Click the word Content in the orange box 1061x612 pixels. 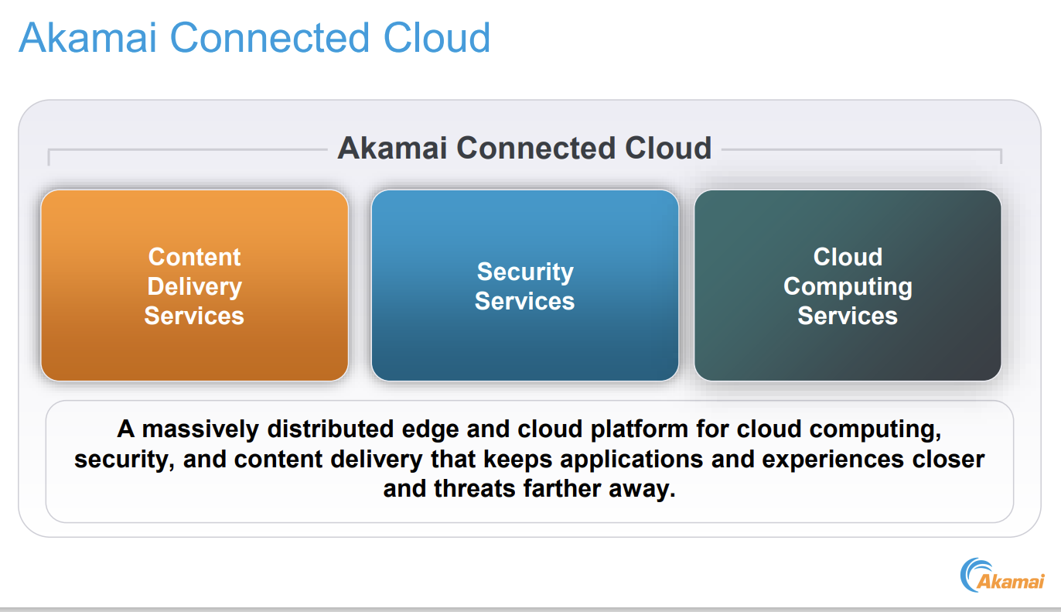pyautogui.click(x=194, y=257)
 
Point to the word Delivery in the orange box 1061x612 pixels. pyautogui.click(x=194, y=286)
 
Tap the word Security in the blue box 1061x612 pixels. pyautogui.click(x=525, y=272)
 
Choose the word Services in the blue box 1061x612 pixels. pyautogui.click(x=525, y=301)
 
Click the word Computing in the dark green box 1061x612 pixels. pyautogui.click(x=848, y=286)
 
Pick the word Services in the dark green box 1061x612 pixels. pyautogui.click(x=848, y=316)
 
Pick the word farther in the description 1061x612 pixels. pyautogui.click(x=563, y=489)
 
